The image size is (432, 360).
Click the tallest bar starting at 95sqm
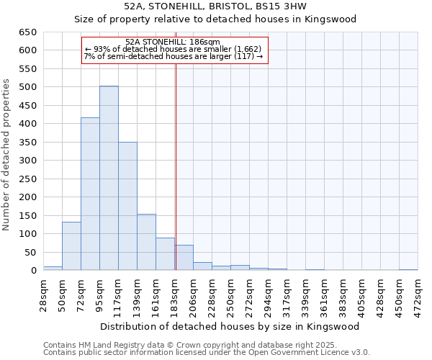tap(109, 178)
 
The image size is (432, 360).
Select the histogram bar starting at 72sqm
tap(90, 194)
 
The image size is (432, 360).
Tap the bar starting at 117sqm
tap(127, 206)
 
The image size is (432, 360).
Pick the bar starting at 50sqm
tap(71, 246)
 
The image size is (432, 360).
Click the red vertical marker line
tap(176, 166)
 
